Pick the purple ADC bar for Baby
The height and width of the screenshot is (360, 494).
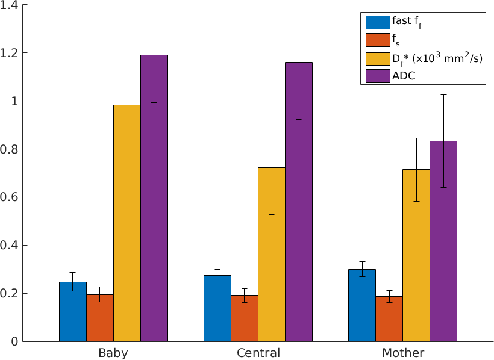tap(154, 198)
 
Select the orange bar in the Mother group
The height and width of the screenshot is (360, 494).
tap(389, 318)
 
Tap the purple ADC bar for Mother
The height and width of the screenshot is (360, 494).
tap(443, 241)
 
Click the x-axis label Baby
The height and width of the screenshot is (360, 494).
tap(113, 353)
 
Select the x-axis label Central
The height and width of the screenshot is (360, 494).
tap(258, 353)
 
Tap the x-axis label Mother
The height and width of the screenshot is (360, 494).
tap(402, 353)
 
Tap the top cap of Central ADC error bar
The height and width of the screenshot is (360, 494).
tap(298, 5)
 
